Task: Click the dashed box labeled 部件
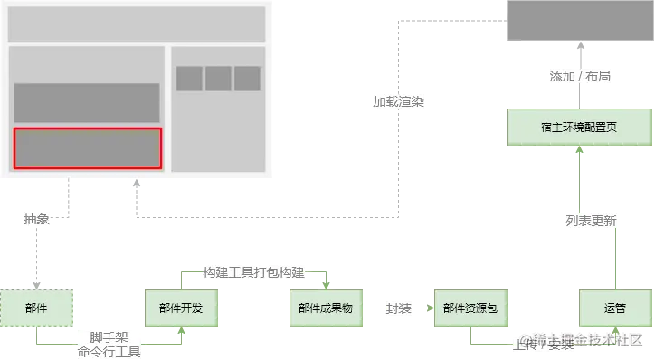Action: point(36,308)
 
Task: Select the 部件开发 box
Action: point(180,308)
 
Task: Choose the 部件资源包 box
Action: point(470,308)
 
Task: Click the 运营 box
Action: point(615,308)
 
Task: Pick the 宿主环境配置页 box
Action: point(579,128)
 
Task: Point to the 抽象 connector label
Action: point(36,219)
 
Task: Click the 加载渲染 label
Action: point(398,101)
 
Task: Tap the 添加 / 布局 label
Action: point(580,76)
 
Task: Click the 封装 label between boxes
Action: point(398,308)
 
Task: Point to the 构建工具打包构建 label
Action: point(253,272)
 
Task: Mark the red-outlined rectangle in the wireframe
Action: point(87,148)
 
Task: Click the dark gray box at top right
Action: point(579,21)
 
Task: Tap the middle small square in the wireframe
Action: point(218,79)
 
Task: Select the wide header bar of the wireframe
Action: point(137,24)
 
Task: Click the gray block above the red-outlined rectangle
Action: point(87,102)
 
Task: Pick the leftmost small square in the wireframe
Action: point(189,79)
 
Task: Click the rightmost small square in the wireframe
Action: point(247,79)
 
